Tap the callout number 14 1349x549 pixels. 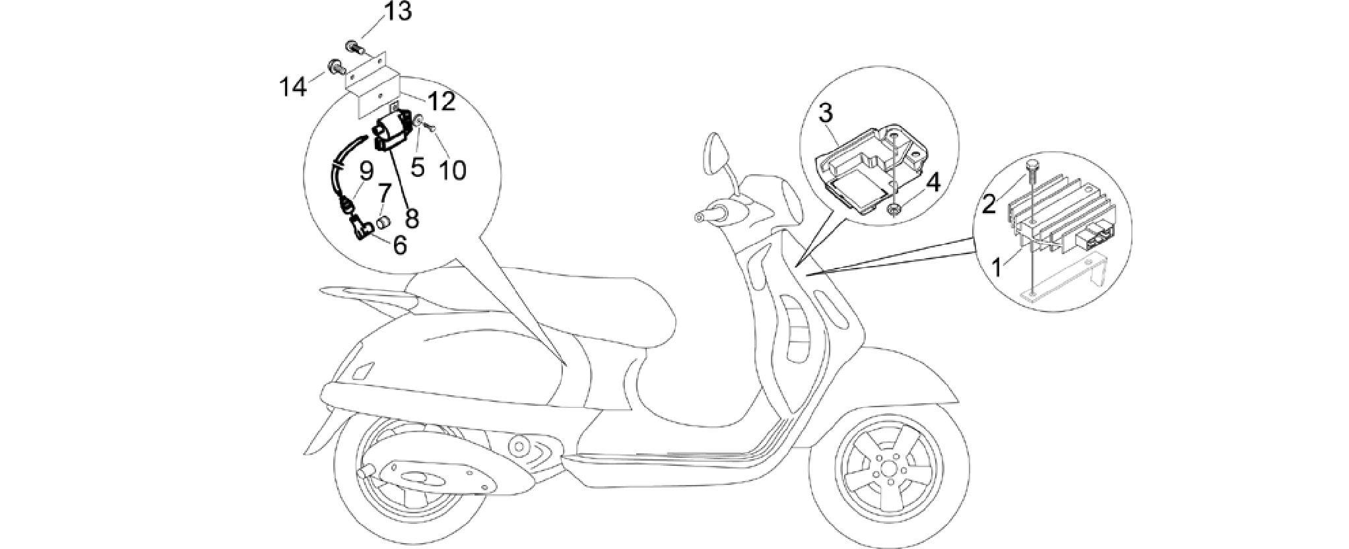(x=294, y=86)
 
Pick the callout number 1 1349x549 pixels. (x=999, y=268)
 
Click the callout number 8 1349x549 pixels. (x=412, y=218)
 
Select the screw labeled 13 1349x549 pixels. (x=354, y=46)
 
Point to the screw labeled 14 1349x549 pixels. (x=336, y=65)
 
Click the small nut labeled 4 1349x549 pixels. (x=894, y=210)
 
